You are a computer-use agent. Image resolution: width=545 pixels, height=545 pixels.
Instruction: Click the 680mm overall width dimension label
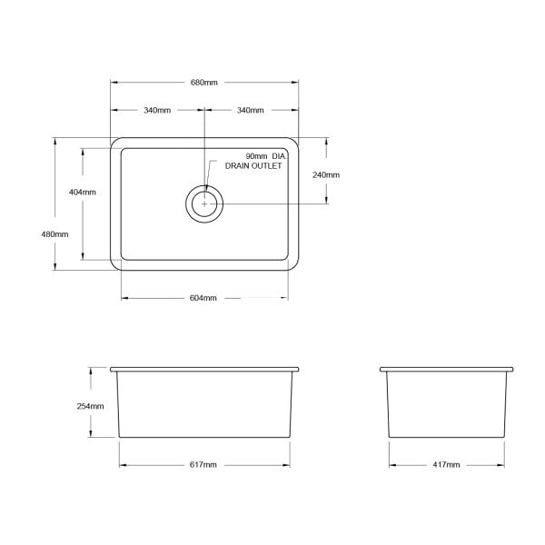click(204, 83)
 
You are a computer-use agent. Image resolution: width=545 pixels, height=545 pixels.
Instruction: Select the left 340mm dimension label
click(157, 111)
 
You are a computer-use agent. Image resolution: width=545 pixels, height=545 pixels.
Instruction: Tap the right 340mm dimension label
click(250, 111)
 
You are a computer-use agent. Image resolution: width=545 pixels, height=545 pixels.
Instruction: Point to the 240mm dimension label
click(326, 174)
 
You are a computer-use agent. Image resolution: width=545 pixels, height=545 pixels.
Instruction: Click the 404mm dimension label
click(83, 193)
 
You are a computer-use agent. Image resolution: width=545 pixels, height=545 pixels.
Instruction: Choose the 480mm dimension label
click(54, 234)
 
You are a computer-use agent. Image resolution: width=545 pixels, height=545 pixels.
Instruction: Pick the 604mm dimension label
click(204, 298)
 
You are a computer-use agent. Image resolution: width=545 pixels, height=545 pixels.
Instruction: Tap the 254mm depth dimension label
click(91, 406)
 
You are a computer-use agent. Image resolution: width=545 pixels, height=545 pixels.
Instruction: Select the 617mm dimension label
click(203, 465)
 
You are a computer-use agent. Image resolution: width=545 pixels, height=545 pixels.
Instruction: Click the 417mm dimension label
click(446, 465)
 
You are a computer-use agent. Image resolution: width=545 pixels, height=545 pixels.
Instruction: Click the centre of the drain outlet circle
click(205, 204)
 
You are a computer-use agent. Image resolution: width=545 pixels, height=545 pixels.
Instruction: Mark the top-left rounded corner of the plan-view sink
click(115, 143)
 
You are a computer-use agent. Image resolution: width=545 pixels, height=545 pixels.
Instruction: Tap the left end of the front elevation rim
click(112, 370)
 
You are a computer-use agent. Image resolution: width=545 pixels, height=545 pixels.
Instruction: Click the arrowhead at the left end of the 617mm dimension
click(122, 465)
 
